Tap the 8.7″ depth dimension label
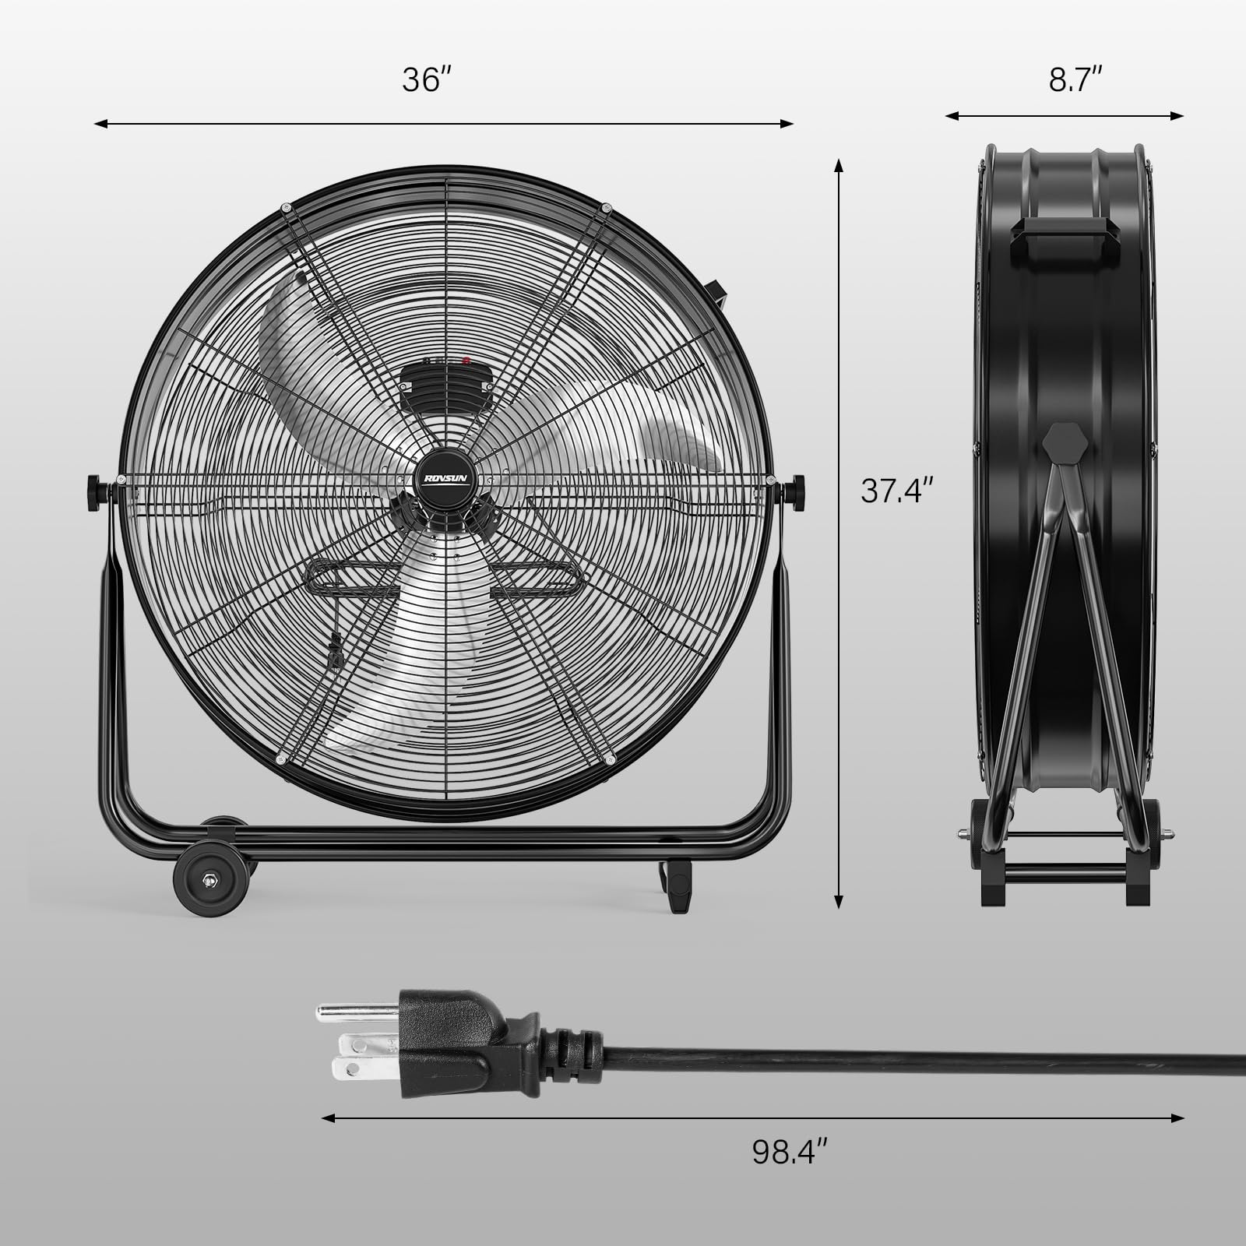tap(1075, 79)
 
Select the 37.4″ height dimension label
tap(896, 491)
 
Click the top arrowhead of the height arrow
tap(839, 164)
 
